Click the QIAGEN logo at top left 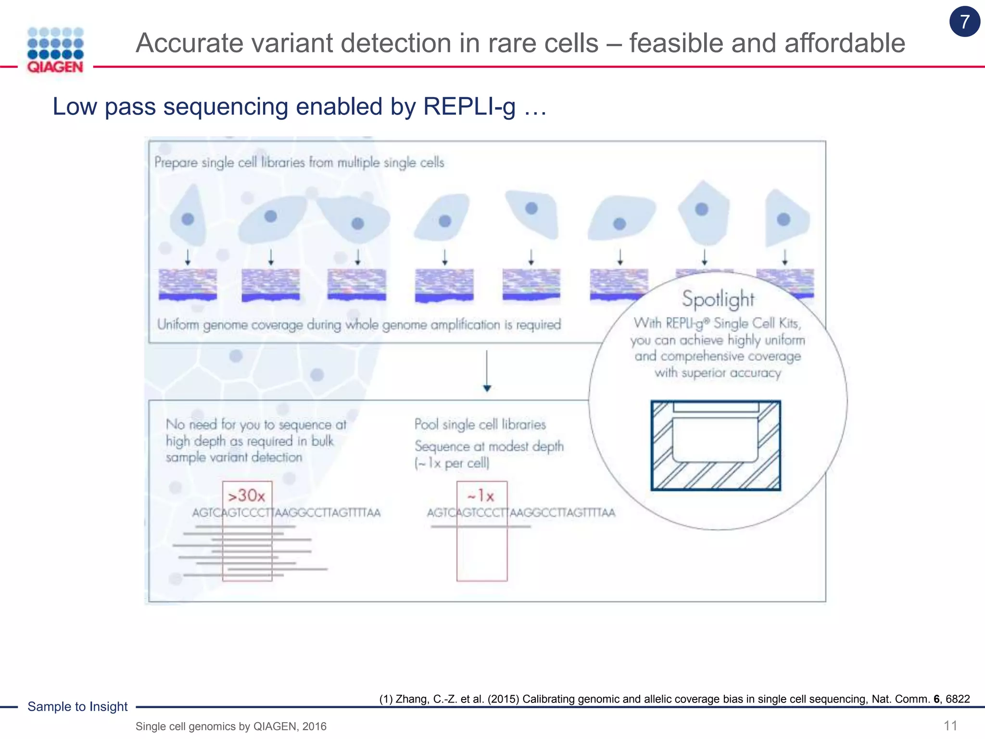[55, 50]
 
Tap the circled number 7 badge [964, 22]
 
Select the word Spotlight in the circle [718, 299]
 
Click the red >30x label [246, 496]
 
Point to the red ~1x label [481, 496]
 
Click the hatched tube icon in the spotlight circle [716, 446]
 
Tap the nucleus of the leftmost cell [188, 219]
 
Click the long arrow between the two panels [487, 370]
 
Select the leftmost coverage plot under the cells [188, 285]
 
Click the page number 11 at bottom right [950, 726]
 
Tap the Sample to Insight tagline [77, 706]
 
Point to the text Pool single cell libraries [480, 424]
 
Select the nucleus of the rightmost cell [783, 219]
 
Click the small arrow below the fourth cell [444, 257]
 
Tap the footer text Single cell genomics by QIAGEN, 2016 [231, 726]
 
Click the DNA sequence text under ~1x [521, 513]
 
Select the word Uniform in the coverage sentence [178, 325]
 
